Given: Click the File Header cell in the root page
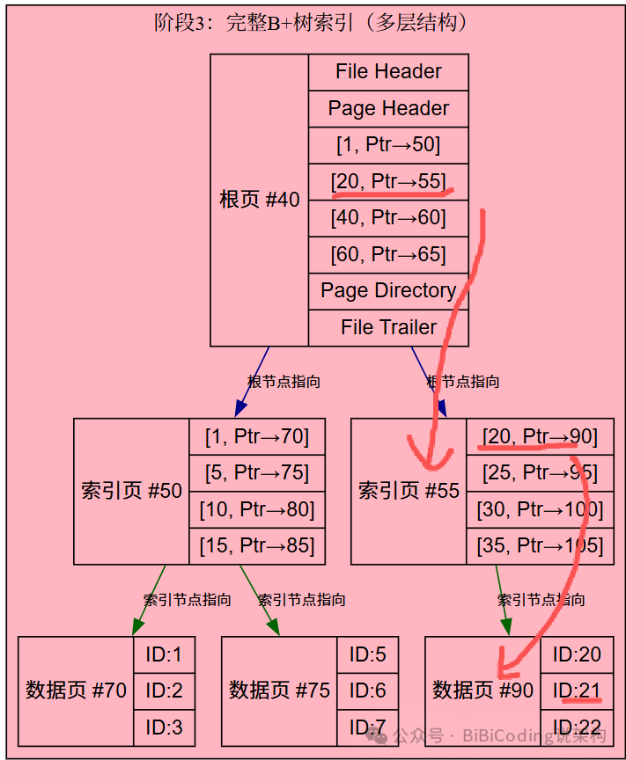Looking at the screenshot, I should (388, 72).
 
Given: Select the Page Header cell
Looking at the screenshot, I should (388, 109).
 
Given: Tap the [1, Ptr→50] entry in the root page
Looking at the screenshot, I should (388, 145).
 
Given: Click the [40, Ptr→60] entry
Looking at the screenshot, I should (388, 217).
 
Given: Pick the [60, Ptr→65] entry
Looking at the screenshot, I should (388, 254).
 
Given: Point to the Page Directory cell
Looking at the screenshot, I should (388, 290).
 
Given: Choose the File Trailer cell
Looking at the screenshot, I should (388, 327).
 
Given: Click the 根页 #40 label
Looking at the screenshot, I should (260, 200).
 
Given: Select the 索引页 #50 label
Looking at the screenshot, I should (131, 491).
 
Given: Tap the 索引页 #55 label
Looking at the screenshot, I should (409, 491).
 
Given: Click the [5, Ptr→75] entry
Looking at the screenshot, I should (257, 473).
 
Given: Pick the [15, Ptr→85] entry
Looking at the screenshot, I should (257, 545).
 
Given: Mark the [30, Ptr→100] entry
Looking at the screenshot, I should (540, 509).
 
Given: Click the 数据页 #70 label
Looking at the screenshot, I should (76, 691).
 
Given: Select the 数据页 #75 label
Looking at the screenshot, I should (279, 691).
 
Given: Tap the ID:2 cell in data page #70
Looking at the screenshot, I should (164, 691).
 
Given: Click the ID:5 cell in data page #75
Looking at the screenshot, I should (368, 654).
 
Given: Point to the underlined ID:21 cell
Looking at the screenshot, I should (578, 691).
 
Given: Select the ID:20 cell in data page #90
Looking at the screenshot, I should (578, 654).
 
